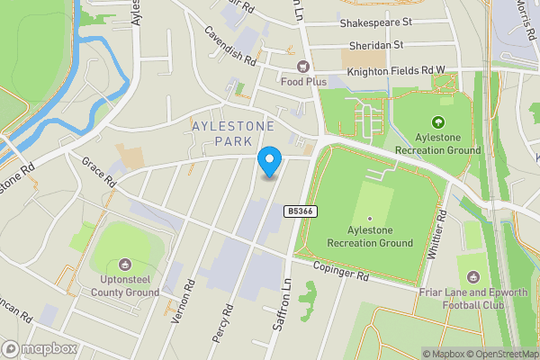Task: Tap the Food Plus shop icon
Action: (x=303, y=66)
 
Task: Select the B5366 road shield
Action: (x=300, y=211)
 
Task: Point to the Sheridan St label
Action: (x=376, y=44)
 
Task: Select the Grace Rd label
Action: (x=100, y=173)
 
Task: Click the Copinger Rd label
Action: (x=342, y=271)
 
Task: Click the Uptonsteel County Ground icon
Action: (x=125, y=265)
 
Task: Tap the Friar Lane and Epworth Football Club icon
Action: (x=472, y=274)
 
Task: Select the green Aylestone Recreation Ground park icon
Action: (x=438, y=122)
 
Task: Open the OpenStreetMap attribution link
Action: (x=499, y=354)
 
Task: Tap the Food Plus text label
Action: (x=303, y=81)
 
